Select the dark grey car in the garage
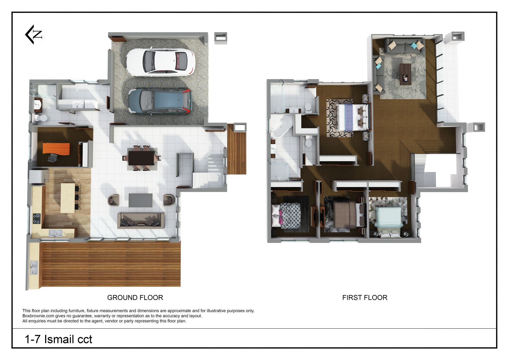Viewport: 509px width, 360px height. click(x=160, y=102)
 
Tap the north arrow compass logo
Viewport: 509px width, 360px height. click(x=34, y=34)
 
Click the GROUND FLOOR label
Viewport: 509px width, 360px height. click(x=135, y=298)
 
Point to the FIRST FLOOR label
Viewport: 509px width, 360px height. click(x=365, y=298)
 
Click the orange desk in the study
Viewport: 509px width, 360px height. click(x=56, y=149)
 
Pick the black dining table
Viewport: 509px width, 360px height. click(x=141, y=158)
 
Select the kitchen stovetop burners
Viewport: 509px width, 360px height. click(x=37, y=219)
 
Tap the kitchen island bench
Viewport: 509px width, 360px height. click(x=68, y=198)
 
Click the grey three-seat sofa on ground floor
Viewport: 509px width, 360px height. click(x=141, y=220)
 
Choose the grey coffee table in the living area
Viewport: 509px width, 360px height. click(x=141, y=200)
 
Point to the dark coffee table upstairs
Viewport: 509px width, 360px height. click(x=405, y=74)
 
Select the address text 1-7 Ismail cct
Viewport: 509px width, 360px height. click(x=58, y=339)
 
